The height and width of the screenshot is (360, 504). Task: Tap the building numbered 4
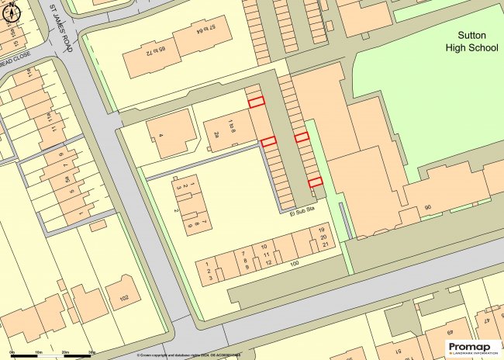click(161, 136)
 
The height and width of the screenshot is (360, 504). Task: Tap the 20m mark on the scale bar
click(66, 353)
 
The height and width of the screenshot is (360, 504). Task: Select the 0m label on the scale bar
click(6, 353)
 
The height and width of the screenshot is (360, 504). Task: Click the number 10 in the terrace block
click(265, 247)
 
